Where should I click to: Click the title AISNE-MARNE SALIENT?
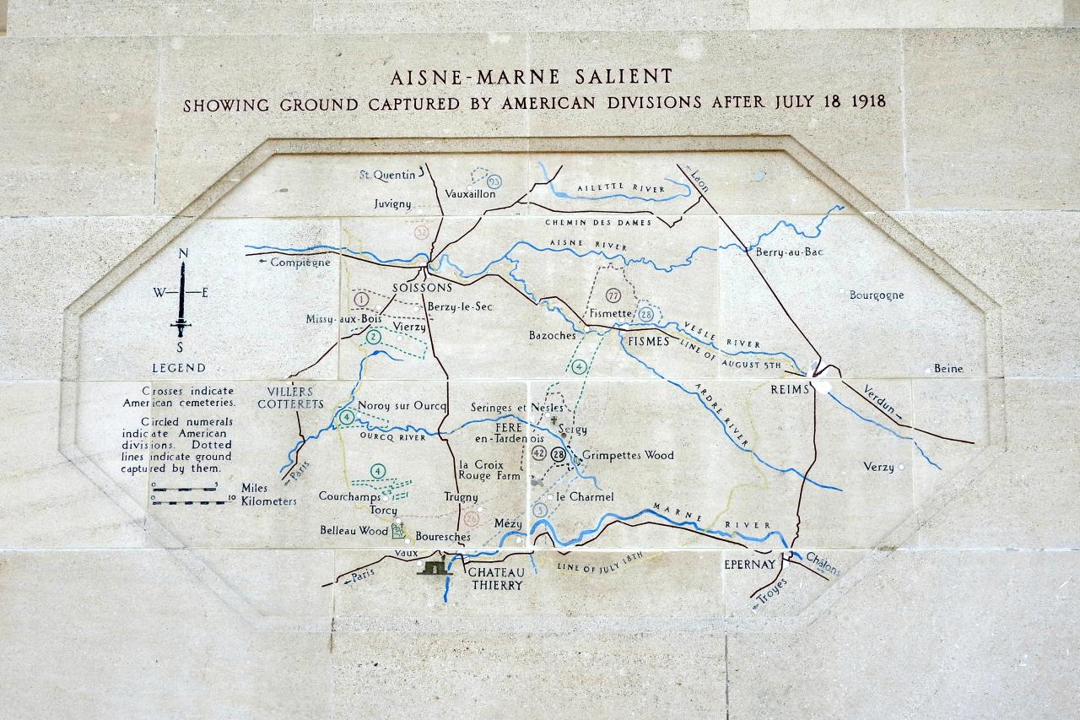click(531, 77)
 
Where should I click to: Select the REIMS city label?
click(790, 389)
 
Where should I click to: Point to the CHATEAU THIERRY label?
click(496, 578)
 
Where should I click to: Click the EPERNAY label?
click(748, 564)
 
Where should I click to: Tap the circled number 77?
click(613, 295)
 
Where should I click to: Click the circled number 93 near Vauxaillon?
click(494, 181)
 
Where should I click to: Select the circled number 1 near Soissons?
click(362, 299)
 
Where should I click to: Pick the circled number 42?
click(540, 454)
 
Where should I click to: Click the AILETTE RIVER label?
click(618, 187)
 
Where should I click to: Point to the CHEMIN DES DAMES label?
click(598, 223)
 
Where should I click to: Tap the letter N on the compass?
click(183, 253)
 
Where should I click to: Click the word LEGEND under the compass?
click(178, 368)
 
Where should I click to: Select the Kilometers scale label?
click(268, 501)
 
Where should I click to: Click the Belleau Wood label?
click(354, 531)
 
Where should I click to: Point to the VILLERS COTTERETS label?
click(290, 398)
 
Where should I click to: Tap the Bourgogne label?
click(877, 295)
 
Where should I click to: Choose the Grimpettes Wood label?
click(628, 455)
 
